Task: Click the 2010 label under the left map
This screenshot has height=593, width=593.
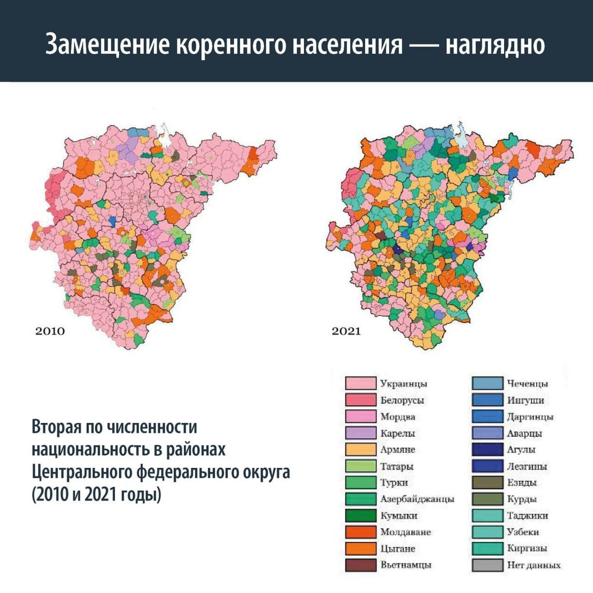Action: pos(50,331)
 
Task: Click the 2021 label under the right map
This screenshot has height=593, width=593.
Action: pos(346,331)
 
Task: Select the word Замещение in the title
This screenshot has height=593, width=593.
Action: pos(107,45)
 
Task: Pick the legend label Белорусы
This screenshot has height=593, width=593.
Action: pos(402,400)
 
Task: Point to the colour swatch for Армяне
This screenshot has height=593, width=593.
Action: pos(360,450)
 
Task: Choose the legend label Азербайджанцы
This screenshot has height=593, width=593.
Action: pos(417,499)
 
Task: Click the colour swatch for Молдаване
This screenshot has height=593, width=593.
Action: pos(360,532)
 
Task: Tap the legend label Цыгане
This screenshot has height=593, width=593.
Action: pos(398,549)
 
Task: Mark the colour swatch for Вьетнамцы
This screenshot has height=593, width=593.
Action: pos(360,565)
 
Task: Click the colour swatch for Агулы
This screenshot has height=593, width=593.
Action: pos(487,450)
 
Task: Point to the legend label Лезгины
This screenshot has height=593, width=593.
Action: pos(527,466)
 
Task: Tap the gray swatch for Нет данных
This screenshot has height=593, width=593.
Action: pos(487,565)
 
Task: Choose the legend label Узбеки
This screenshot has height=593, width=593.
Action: pos(523,532)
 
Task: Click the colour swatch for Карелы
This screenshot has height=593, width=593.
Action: pos(360,433)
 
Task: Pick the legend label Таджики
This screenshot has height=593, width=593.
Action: pos(527,515)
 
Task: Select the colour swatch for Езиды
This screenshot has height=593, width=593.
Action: pos(487,483)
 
